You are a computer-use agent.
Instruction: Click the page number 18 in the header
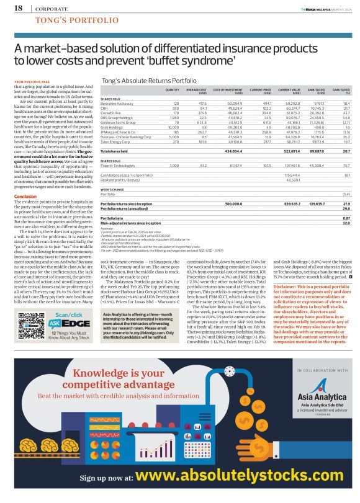pos(18,9)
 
